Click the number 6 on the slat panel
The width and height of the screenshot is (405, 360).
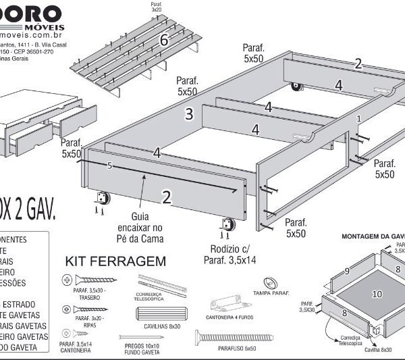tap(163, 41)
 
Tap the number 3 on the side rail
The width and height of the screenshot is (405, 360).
tap(190, 113)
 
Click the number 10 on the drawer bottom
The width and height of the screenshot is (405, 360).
tap(377, 294)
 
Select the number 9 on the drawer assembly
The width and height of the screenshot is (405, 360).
tap(346, 271)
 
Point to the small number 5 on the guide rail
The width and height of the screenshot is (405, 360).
tap(109, 165)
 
